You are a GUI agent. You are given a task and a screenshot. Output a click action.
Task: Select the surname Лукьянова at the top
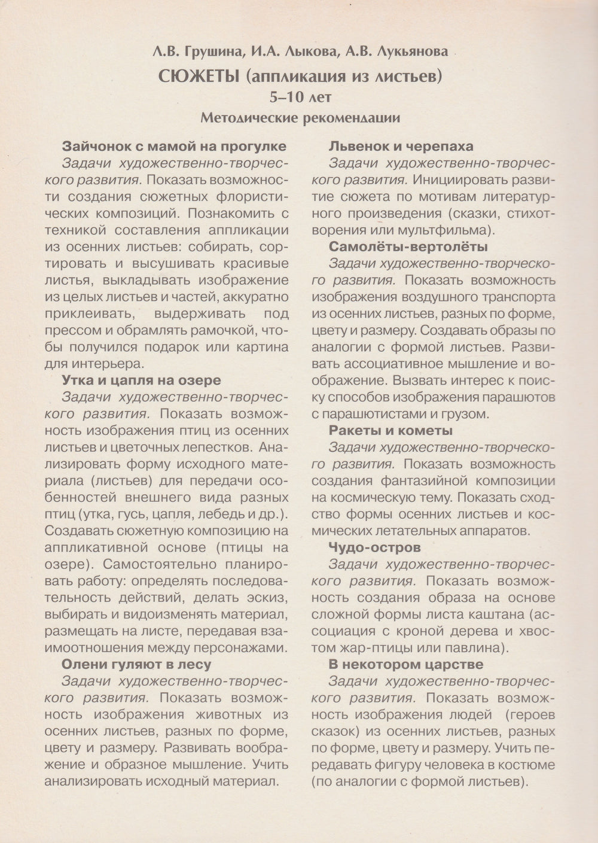413,53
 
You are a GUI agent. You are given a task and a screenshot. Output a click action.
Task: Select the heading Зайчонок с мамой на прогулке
174,146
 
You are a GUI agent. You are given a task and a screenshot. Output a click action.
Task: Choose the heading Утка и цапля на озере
141,380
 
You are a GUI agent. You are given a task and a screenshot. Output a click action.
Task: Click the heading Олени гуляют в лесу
136,664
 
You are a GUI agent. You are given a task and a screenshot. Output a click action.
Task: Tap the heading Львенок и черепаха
401,146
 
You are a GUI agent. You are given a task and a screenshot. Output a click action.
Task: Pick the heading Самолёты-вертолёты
408,246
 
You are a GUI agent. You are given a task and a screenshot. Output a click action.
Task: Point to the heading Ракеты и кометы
390,430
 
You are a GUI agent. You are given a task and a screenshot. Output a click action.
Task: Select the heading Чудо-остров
374,547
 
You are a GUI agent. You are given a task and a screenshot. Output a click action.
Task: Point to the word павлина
477,647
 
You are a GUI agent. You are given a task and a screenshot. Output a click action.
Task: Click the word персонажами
237,647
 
